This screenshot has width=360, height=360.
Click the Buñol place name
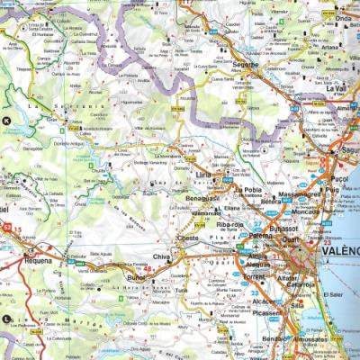tap(136, 280)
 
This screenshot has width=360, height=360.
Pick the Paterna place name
tap(259, 236)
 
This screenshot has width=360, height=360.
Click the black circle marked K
tap(7, 120)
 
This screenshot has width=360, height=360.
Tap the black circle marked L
tap(7, 319)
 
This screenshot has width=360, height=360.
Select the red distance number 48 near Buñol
tap(148, 268)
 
